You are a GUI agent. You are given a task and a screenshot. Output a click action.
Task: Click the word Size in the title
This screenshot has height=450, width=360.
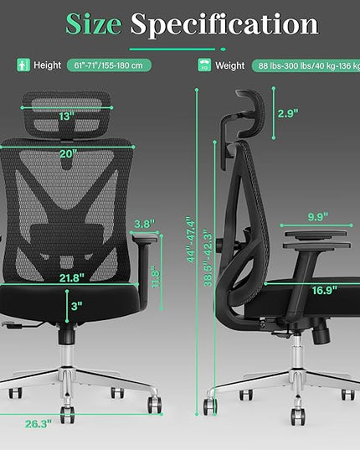(94, 24)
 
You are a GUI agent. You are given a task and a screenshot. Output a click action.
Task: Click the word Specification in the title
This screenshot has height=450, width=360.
(224, 25)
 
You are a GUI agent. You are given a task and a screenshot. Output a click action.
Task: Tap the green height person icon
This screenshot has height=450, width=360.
(23, 65)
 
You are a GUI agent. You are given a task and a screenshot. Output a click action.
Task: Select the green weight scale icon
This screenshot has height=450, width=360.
(204, 65)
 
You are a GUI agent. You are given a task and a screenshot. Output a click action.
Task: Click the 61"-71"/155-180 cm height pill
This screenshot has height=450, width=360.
(109, 65)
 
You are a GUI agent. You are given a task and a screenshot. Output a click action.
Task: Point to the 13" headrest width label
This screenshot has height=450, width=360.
(66, 116)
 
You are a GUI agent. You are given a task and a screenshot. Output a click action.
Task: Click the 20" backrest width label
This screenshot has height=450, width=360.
(68, 154)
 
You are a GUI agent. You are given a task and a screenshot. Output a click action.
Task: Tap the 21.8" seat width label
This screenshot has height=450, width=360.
(72, 278)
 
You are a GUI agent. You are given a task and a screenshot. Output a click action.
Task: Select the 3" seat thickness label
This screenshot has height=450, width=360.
(77, 306)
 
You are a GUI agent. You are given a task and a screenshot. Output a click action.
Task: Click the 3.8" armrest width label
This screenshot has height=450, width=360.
(145, 224)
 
